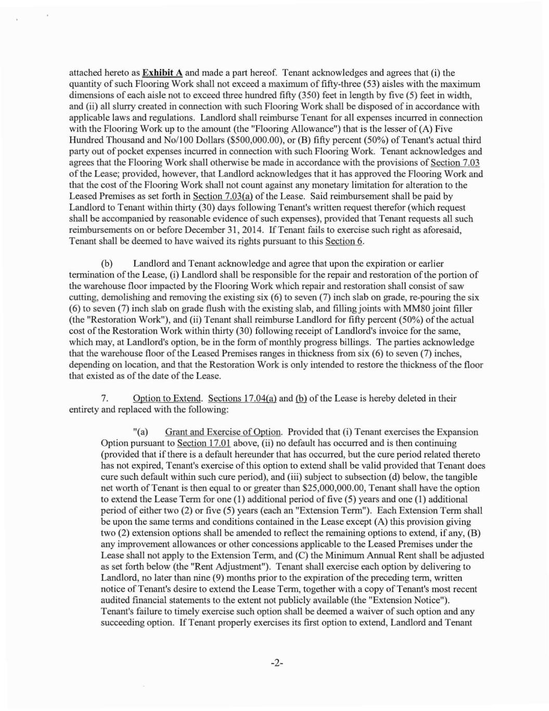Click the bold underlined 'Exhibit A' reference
click(x=162, y=73)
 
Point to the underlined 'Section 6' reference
click(x=344, y=241)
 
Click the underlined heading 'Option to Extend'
click(x=167, y=398)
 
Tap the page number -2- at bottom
click(x=276, y=663)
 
